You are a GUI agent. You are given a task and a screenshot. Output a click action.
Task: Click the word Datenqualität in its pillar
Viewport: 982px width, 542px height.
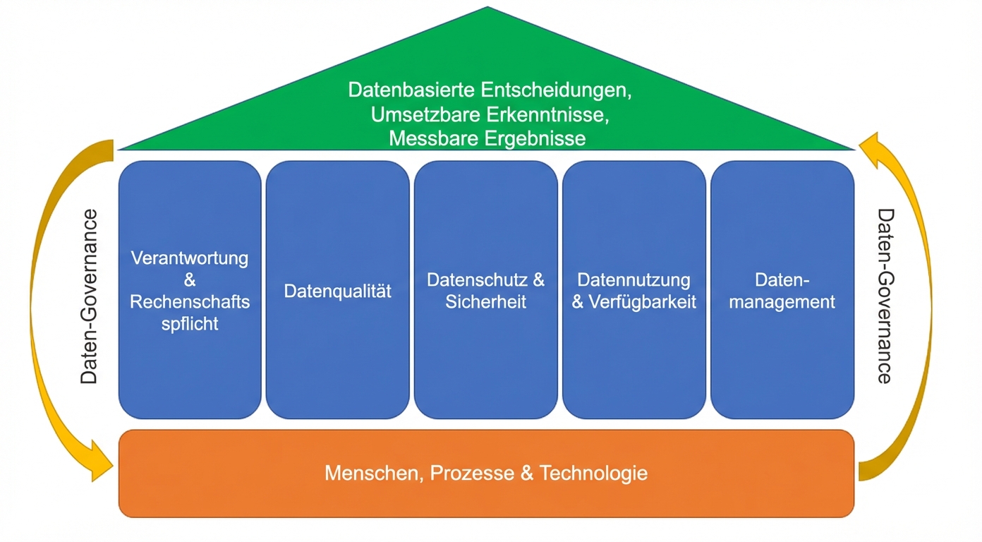(337, 291)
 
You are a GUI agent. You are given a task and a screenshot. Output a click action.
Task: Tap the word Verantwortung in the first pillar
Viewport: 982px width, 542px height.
(190, 258)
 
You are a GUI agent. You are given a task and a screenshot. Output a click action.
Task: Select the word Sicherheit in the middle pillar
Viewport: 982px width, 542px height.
(486, 302)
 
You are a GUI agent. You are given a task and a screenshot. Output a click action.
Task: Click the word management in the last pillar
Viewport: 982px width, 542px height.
(782, 302)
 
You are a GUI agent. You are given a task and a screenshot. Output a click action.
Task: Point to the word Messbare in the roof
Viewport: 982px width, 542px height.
(434, 138)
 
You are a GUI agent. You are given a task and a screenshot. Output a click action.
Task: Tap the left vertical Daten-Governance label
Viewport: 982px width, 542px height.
(90, 296)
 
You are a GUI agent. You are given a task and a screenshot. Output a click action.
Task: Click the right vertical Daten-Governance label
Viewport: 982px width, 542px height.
(885, 296)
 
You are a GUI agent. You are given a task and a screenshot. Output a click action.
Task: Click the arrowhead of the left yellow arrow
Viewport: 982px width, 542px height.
(103, 459)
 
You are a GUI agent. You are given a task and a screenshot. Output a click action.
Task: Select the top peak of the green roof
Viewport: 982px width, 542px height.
(487, 8)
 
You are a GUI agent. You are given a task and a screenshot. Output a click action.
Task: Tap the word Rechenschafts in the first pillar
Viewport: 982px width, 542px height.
(190, 302)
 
